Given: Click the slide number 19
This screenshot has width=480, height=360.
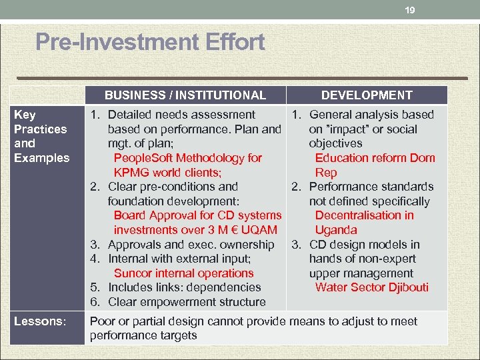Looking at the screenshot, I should coord(410,10).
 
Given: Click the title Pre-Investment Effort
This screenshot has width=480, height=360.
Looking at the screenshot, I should coord(150,43).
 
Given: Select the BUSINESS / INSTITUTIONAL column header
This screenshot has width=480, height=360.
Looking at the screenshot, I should coord(185,95).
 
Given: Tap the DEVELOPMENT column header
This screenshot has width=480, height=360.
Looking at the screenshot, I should coord(367,95).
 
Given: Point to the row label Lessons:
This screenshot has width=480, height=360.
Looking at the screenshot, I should coord(40,321).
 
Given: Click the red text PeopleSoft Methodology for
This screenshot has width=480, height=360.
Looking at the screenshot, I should coord(188,158).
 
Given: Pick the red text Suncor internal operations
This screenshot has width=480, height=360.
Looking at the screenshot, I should coord(184,273).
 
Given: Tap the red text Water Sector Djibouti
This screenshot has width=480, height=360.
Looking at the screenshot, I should coord(372,287).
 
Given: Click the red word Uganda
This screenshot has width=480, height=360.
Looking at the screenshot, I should coord(336,230).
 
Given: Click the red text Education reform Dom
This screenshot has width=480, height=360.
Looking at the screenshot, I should coord(375,158).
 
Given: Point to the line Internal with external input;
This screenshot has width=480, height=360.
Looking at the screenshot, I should coord(179,259).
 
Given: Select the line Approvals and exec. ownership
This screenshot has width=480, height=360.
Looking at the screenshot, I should coord(191,245).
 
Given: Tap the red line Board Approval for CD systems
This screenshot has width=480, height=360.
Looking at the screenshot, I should coord(198,215).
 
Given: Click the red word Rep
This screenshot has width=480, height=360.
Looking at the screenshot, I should coord(325,173).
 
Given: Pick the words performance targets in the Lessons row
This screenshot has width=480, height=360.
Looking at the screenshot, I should coord(143,335).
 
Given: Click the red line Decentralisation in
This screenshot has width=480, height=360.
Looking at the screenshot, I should coord(364,215).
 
